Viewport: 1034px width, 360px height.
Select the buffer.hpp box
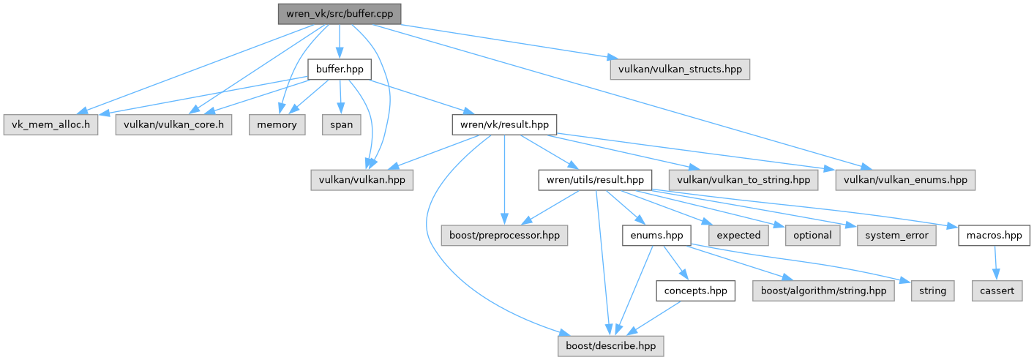[339, 70]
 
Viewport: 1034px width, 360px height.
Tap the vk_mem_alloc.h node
[50, 124]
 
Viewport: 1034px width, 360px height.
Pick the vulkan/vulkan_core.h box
[173, 124]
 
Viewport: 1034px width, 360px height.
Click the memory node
[277, 124]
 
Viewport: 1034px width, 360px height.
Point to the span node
[340, 124]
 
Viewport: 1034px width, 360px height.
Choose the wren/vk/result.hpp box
[504, 124]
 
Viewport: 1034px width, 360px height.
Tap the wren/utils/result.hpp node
[595, 179]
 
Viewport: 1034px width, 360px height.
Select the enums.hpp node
[657, 235]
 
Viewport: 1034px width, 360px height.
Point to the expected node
[738, 235]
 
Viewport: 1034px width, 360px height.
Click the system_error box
[896, 235]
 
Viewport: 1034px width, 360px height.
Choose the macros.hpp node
[994, 235]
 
